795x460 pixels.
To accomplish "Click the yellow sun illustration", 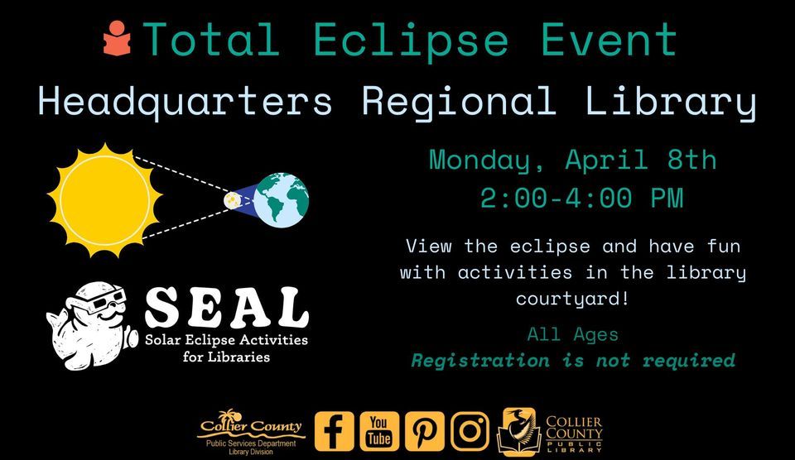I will pyautogui.click(x=104, y=200).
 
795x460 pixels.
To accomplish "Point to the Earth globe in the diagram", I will pyautogui.click(x=281, y=200).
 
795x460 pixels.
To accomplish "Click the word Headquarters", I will pyautogui.click(x=185, y=102).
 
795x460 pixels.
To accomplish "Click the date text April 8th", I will pyautogui.click(x=641, y=160).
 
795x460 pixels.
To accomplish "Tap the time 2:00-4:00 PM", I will pyautogui.click(x=581, y=199).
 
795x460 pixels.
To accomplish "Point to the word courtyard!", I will pyautogui.click(x=573, y=297).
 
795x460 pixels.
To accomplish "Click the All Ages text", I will pyautogui.click(x=572, y=335).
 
